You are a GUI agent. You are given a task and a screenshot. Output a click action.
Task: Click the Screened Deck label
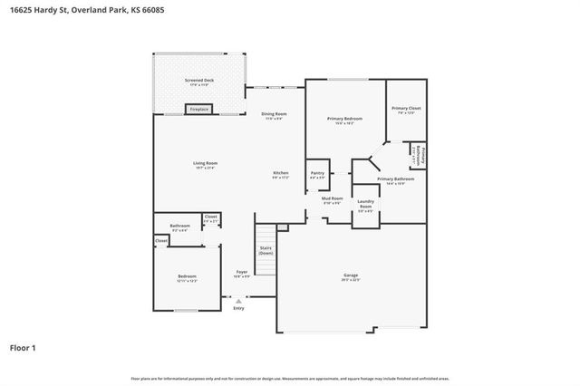point(198,82)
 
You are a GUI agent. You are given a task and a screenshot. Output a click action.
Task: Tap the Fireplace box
point(198,110)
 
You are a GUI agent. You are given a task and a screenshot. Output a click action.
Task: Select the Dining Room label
point(274,115)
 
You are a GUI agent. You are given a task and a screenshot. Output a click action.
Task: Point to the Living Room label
point(205,165)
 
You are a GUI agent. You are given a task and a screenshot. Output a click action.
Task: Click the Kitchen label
point(281,175)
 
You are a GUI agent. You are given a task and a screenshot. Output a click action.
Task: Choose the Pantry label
point(317,174)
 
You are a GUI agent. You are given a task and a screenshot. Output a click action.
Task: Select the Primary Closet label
point(406,110)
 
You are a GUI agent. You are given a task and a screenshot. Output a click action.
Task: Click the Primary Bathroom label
point(396,180)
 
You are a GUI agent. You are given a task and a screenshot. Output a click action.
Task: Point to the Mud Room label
point(333,199)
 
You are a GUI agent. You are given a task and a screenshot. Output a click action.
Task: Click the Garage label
point(350,276)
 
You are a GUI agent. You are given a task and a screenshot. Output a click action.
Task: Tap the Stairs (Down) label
point(266,250)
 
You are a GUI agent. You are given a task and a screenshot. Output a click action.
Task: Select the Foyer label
point(241,274)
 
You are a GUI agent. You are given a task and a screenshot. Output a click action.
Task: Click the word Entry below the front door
point(238,308)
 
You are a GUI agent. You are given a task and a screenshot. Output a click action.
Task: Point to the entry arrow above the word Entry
point(238,300)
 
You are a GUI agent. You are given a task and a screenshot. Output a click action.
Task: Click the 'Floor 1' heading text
point(24,347)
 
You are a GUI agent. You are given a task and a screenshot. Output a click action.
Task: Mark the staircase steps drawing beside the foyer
point(264,236)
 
